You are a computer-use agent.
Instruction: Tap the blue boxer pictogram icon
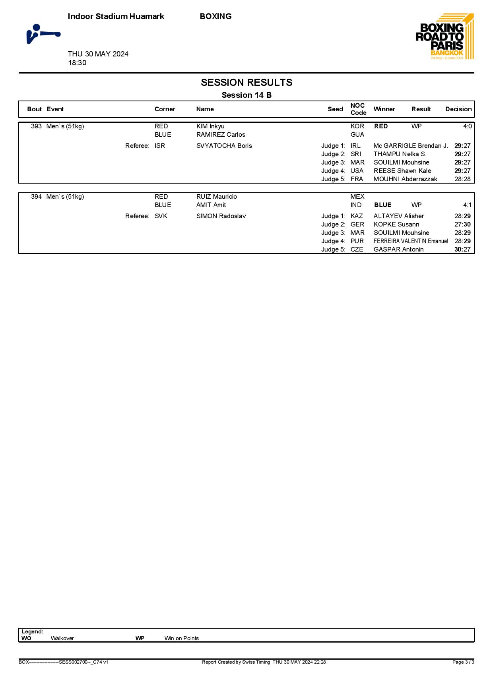click(43, 34)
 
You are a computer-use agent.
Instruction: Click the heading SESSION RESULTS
click(246, 82)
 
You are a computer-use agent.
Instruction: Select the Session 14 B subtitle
click(246, 95)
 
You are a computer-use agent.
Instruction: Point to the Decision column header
click(458, 109)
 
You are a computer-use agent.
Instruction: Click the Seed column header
click(335, 109)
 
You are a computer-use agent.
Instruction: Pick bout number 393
click(36, 126)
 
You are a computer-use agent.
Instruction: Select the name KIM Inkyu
click(210, 126)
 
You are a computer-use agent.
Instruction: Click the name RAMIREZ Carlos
click(221, 135)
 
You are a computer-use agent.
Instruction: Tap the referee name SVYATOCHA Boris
click(224, 146)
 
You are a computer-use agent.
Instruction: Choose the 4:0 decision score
click(467, 126)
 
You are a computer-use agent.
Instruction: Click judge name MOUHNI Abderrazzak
click(405, 179)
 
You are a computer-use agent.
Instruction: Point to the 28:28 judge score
click(462, 179)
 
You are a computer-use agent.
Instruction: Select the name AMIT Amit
click(211, 205)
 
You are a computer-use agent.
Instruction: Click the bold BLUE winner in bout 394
click(383, 205)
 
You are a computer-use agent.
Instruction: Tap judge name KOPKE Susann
click(396, 225)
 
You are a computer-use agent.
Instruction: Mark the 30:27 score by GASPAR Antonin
click(462, 250)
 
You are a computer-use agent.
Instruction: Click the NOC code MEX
click(357, 197)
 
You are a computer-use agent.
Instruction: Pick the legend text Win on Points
click(181, 638)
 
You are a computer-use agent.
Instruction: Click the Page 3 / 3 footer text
click(463, 662)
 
